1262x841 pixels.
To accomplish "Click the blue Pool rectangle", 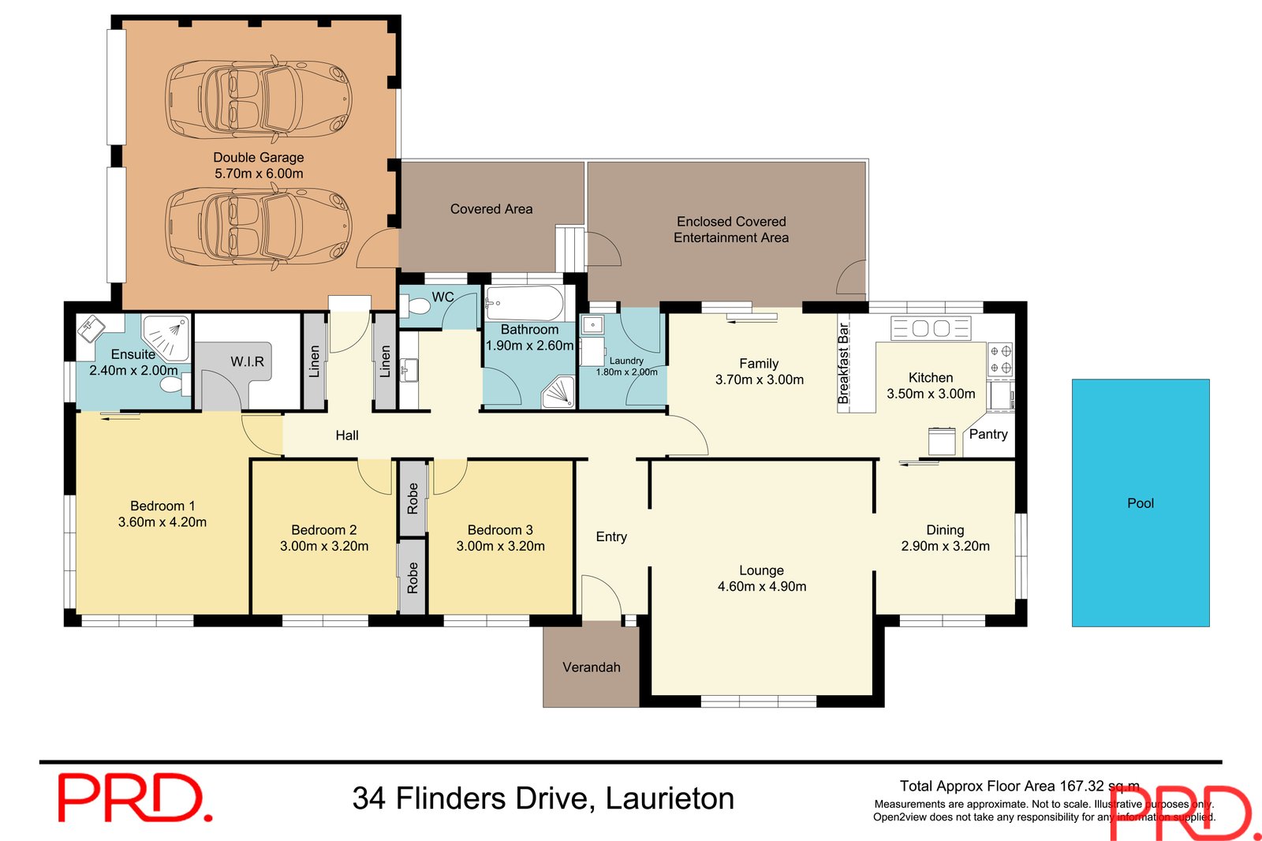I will click(x=1140, y=503).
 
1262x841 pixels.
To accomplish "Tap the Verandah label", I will click(x=591, y=667).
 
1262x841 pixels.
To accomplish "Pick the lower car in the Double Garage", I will click(x=258, y=226).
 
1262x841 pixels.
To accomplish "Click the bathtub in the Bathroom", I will click(x=525, y=304).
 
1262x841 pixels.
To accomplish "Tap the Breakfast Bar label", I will click(x=843, y=363).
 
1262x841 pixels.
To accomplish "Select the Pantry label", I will click(x=988, y=434).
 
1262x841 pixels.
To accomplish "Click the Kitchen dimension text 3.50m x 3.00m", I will click(x=931, y=394).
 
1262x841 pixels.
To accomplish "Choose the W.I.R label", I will click(x=247, y=361).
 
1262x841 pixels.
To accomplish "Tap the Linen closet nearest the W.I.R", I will click(x=315, y=361).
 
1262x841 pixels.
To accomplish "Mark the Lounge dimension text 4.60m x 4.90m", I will click(x=761, y=586).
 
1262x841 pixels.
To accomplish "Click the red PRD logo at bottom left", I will click(x=134, y=798).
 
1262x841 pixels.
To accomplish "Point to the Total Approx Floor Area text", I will click(x=1019, y=786).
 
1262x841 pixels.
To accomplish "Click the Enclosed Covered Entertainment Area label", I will click(x=730, y=230).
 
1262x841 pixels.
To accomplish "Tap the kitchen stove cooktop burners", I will click(x=1000, y=358).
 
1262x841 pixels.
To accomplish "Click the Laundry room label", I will click(x=626, y=361).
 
